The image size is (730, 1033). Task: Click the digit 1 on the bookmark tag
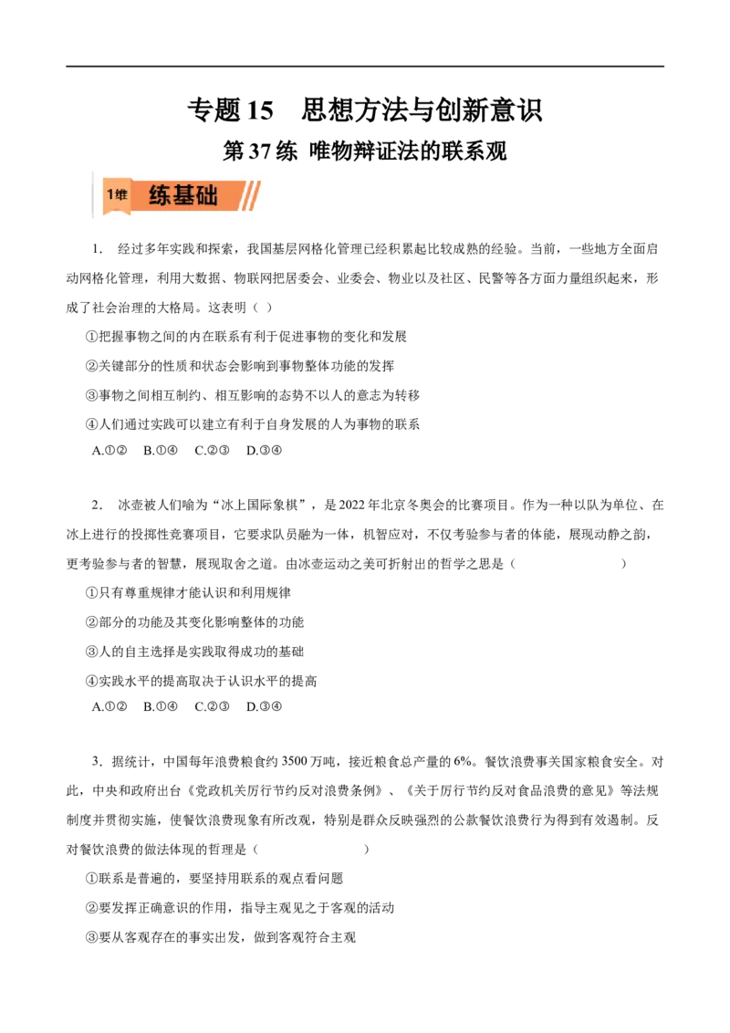110,194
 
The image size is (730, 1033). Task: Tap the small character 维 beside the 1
121,194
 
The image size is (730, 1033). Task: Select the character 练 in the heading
160,195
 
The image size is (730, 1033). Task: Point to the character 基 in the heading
183,195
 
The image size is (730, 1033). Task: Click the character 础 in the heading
207,195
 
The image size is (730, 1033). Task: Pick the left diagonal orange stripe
246,195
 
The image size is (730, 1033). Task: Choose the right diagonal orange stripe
255,195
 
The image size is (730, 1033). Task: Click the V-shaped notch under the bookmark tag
117,214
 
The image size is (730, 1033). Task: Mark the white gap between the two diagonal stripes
251,195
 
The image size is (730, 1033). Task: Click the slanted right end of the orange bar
239,195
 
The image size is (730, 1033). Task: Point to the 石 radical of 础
200,196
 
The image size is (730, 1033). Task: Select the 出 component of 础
212,195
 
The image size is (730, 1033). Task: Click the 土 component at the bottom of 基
183,202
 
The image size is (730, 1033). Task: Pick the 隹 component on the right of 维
124,194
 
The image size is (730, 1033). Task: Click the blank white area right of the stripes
272,193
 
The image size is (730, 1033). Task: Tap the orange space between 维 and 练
139,195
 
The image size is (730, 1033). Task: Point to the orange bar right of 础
228,195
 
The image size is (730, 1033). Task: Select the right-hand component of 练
164,195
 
